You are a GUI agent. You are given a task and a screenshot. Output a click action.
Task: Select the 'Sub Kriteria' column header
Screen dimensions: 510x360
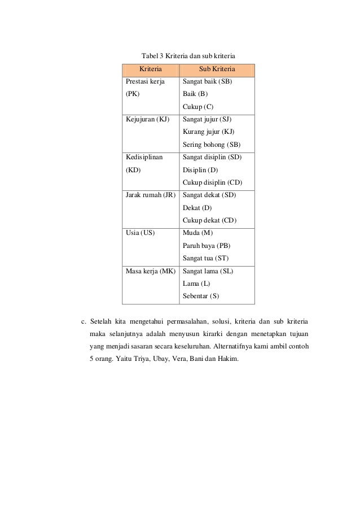[217, 70]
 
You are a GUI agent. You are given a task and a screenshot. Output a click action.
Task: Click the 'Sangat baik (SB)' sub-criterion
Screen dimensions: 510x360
[207, 82]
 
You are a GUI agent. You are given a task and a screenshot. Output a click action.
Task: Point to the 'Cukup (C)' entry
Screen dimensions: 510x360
[198, 107]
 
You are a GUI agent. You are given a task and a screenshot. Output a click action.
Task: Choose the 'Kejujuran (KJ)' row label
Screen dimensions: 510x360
[148, 120]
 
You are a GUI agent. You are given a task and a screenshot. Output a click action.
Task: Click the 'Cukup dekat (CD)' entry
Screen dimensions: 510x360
[209, 220]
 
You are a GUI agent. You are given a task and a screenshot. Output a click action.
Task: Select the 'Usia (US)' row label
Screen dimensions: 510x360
[140, 233]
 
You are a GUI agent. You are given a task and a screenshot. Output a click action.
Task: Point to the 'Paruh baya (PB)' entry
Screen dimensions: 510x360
[207, 245]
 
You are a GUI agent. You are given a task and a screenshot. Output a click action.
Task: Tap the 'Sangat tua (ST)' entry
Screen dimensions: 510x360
[205, 258]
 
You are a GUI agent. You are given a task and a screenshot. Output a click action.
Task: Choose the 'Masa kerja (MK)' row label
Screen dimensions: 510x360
[150, 271]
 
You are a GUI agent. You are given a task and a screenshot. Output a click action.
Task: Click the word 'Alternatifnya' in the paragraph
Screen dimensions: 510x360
[242, 347]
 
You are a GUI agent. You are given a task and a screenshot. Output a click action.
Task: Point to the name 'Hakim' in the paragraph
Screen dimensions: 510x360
[228, 359]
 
